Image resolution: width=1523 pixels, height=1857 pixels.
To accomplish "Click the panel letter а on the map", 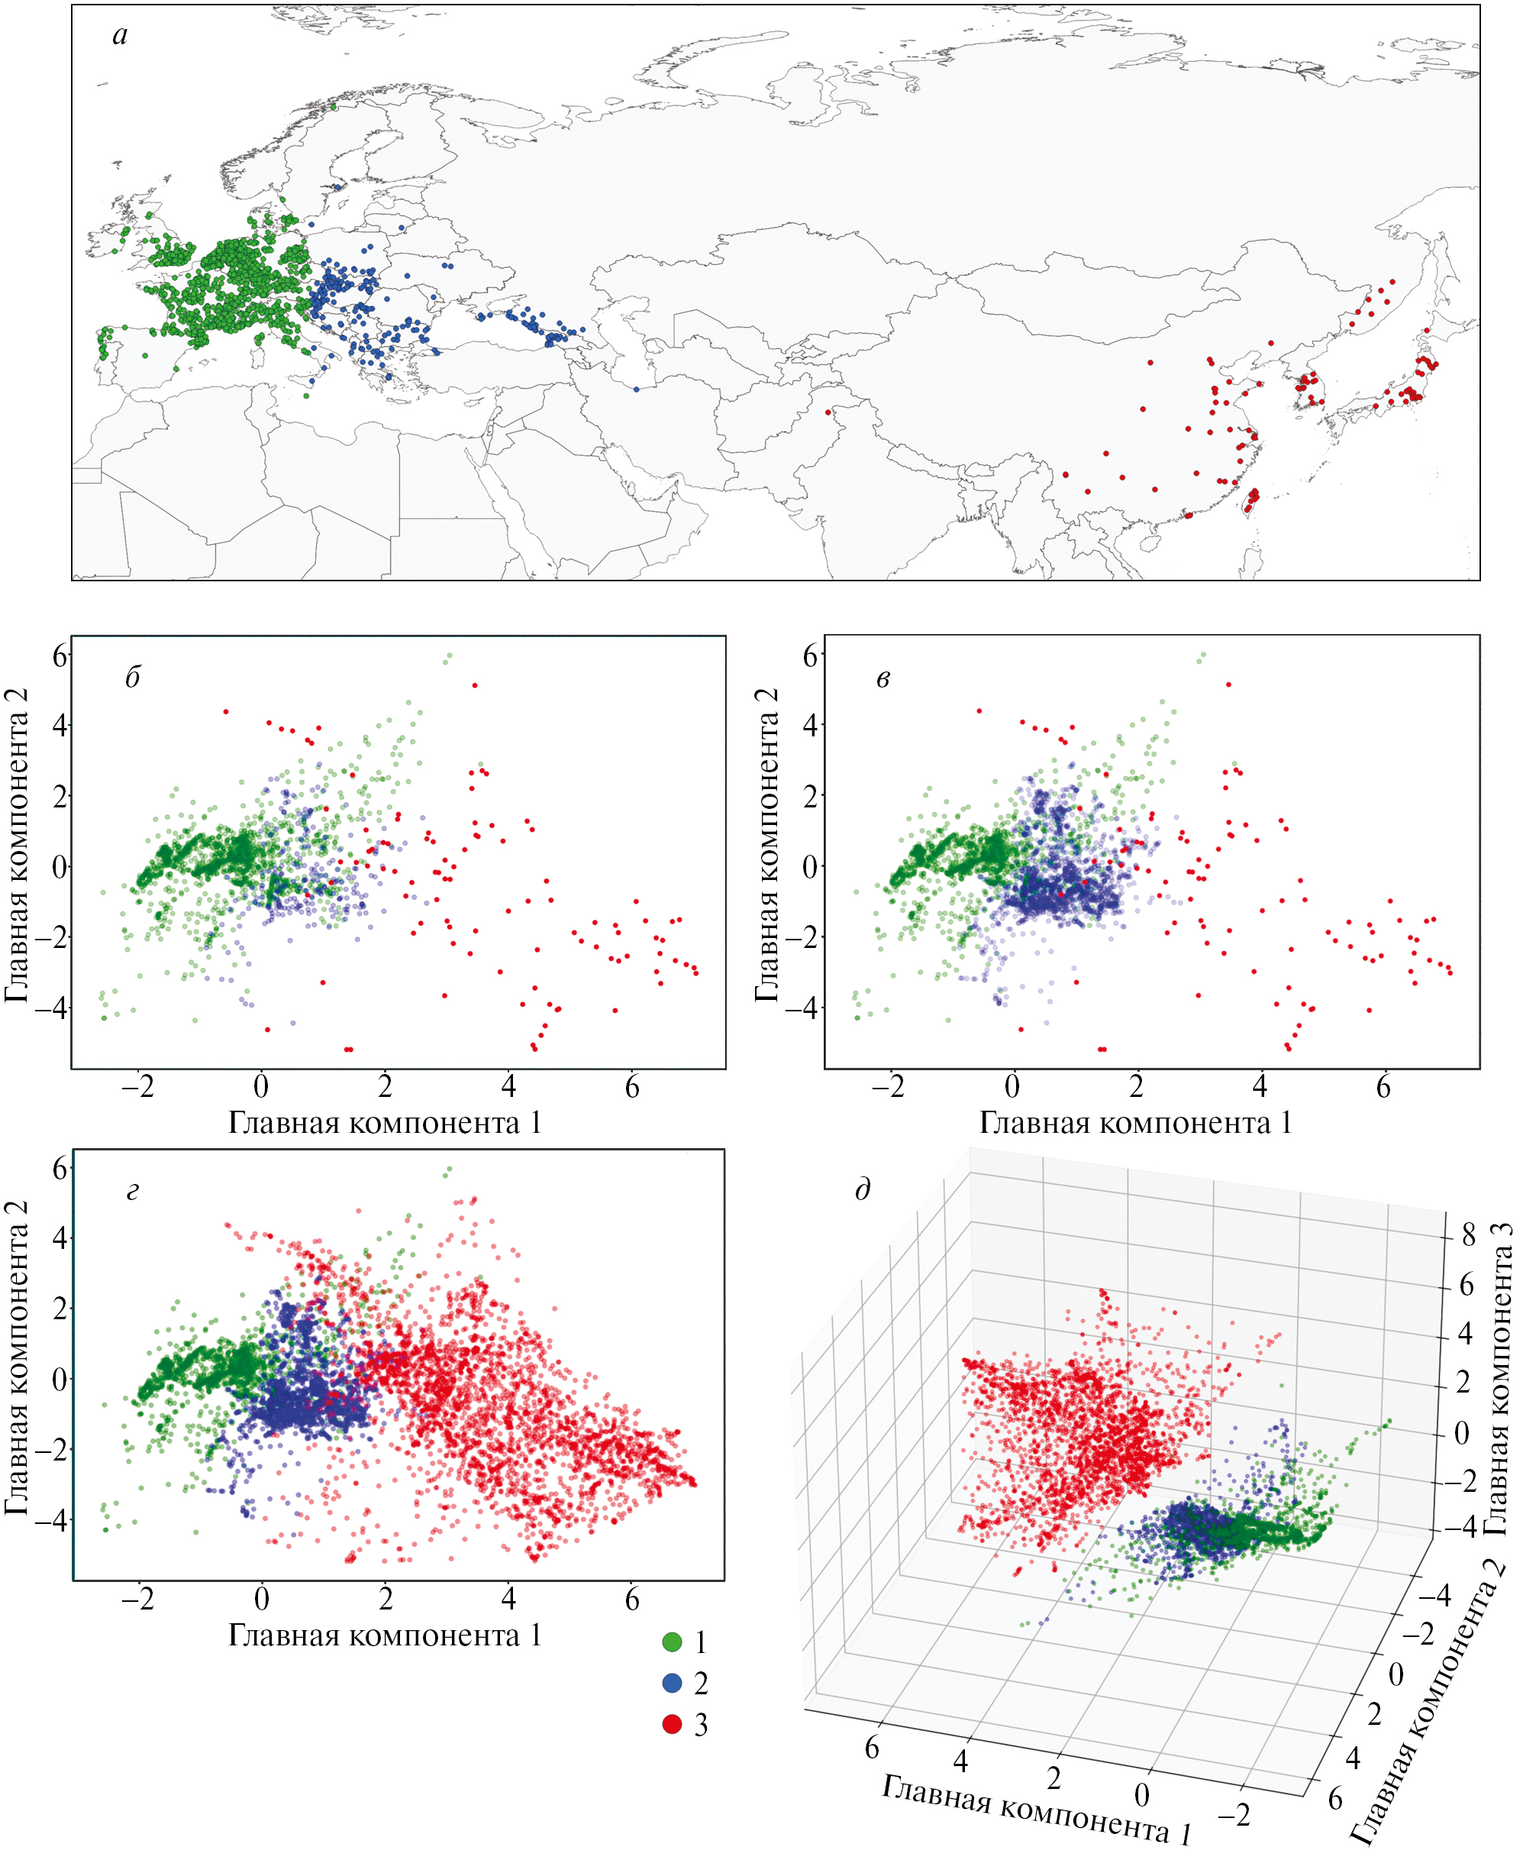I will point(120,35).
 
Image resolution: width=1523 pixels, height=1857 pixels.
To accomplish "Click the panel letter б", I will point(133,678).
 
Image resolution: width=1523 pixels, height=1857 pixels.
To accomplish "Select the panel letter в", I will point(883,678).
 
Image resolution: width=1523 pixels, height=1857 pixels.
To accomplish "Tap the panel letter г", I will point(133,1191).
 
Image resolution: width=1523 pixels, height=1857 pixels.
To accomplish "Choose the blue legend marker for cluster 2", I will point(672,1682).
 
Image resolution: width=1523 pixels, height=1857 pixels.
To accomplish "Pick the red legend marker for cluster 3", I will point(672,1723).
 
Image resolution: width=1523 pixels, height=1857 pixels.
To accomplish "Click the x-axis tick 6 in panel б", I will point(631,1089).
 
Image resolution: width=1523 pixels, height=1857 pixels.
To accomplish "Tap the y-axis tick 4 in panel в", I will point(810,726).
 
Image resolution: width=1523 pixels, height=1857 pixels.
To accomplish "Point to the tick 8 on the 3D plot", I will point(1469,1234).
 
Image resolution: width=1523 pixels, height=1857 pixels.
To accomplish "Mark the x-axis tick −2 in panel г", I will point(137,1600).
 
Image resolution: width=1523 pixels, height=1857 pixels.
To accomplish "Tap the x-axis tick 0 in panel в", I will point(1012,1089).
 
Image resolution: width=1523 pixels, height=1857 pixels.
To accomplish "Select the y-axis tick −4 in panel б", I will point(51,1008).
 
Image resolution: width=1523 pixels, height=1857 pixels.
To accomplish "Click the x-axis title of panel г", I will point(384,1635).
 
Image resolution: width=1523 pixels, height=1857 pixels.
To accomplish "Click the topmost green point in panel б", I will point(448,656).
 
